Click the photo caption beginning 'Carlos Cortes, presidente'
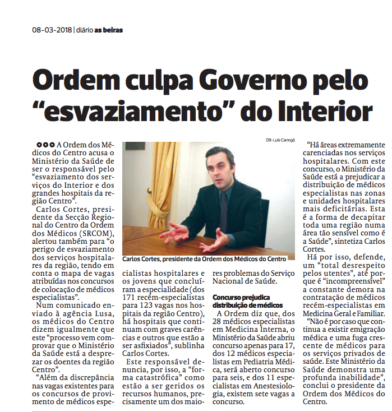click(204, 259)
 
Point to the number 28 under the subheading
click(219, 323)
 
